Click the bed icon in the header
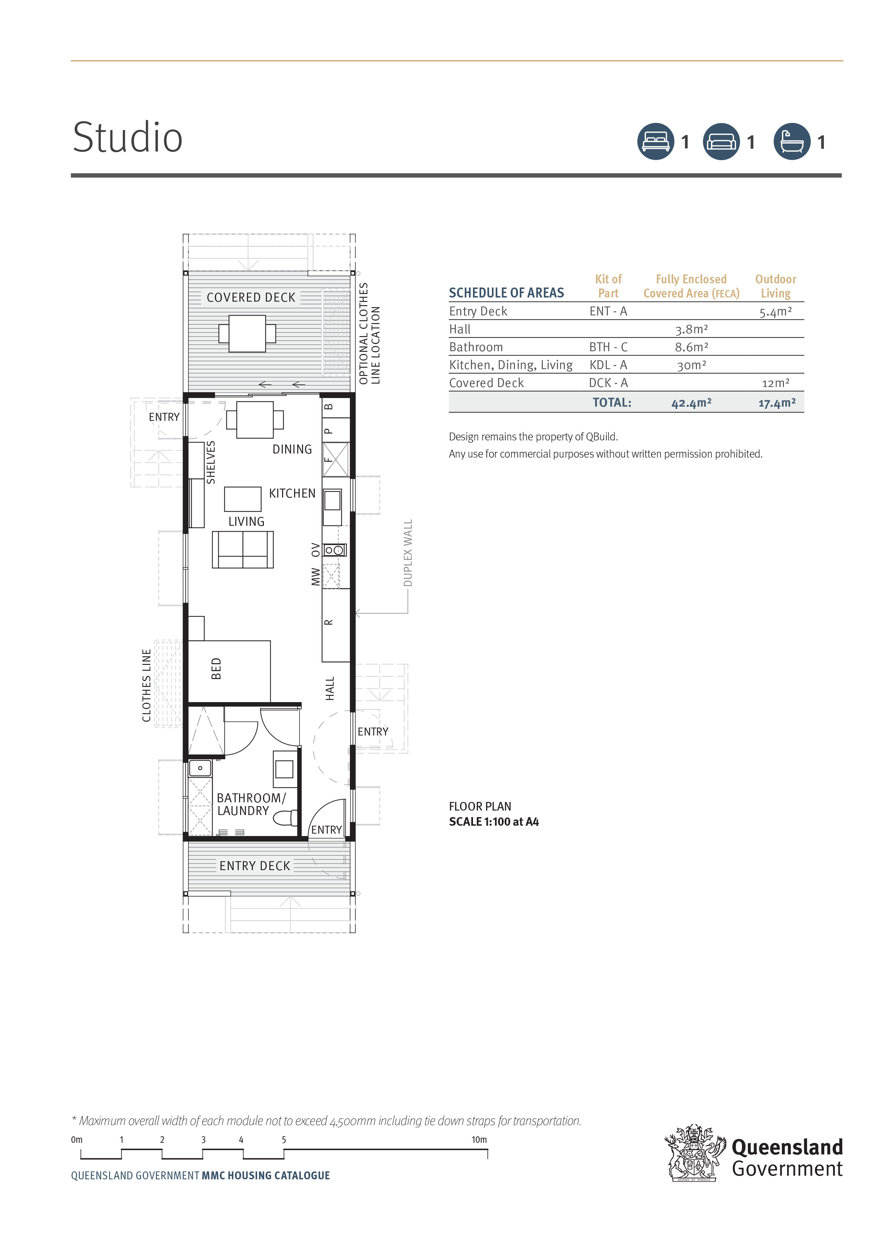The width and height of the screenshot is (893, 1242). (655, 142)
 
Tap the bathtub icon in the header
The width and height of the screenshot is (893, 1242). (791, 142)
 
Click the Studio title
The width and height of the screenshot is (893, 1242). (128, 137)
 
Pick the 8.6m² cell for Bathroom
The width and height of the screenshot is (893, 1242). (691, 347)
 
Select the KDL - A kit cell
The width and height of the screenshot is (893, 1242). (608, 365)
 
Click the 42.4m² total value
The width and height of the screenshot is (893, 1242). (691, 403)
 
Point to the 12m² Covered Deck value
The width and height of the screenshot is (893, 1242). (775, 383)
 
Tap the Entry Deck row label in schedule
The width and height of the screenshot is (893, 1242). (478, 311)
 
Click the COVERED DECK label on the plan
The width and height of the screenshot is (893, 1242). (251, 298)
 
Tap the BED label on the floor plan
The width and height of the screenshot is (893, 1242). (216, 669)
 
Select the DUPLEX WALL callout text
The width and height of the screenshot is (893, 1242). (408, 553)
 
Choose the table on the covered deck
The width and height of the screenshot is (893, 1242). (247, 334)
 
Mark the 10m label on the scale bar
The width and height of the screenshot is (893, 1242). (479, 1140)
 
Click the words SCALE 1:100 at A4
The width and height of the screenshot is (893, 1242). (494, 822)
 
